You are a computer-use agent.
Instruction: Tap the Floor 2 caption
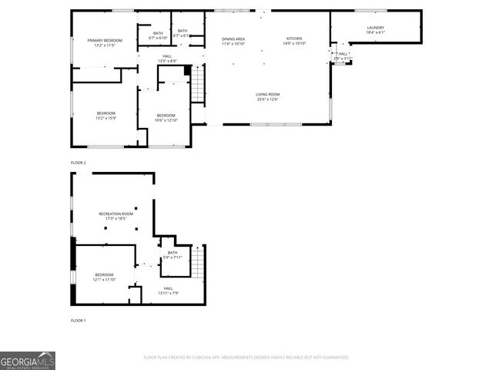coord(79,163)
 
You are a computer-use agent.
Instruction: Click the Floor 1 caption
coord(79,320)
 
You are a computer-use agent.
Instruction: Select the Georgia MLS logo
coord(28,361)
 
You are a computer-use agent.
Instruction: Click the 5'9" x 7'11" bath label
coord(173,255)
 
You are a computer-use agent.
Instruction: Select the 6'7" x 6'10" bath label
coord(158,35)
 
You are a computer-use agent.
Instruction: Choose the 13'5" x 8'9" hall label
coord(167,59)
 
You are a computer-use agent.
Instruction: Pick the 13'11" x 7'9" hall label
coord(168,291)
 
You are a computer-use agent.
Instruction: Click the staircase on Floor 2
coord(198,84)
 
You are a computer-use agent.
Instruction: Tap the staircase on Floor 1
coord(199,264)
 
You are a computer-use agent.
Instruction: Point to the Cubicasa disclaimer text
coord(246,358)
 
